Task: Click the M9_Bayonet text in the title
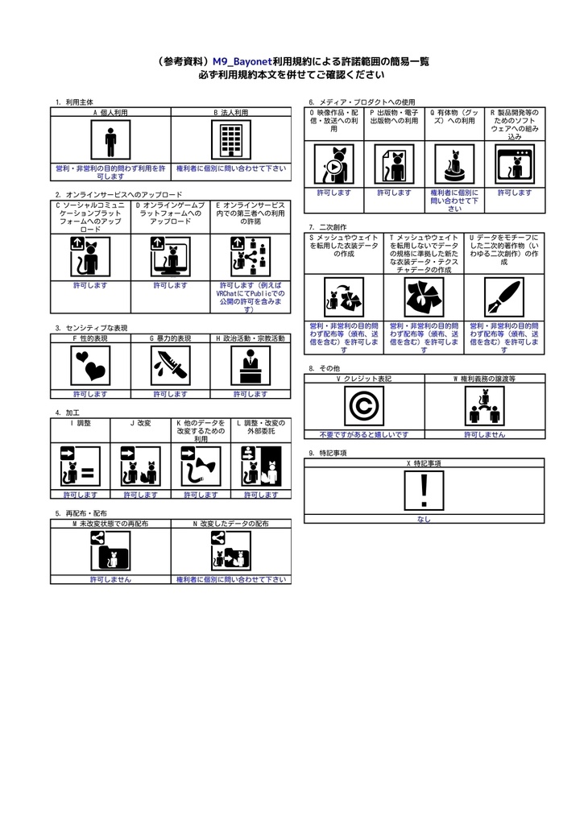click(x=242, y=60)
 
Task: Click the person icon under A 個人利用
click(x=110, y=142)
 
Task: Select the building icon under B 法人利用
click(x=231, y=142)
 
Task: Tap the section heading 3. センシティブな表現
click(x=93, y=328)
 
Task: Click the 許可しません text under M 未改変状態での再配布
click(x=110, y=579)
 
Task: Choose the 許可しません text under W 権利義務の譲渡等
click(x=484, y=434)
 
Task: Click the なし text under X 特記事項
click(x=424, y=520)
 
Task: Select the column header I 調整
click(x=81, y=423)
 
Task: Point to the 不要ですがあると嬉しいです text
click(x=363, y=434)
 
